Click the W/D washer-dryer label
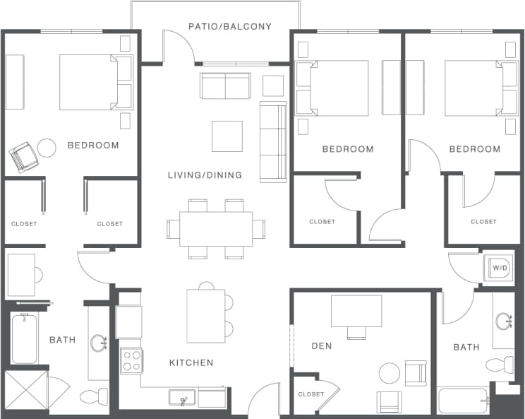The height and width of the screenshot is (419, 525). pos(500,268)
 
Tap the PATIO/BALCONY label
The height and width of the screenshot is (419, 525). pos(230,27)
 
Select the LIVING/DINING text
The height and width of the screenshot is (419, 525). pos(205,175)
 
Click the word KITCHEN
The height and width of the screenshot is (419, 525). pos(191,363)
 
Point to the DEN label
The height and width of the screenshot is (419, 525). pos(322,346)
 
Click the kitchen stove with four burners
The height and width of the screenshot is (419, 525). pos(131,360)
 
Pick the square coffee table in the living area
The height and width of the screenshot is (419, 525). pos(227,136)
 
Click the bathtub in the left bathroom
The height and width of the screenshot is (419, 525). pos(24,339)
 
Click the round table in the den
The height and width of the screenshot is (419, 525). pos(390,372)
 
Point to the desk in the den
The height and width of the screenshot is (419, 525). pos(356,311)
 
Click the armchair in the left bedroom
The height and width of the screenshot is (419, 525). pos(23,157)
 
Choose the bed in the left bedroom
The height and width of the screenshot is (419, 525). pos(88,83)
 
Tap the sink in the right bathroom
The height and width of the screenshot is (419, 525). pos(504,322)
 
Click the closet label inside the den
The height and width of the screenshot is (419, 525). pos(311,394)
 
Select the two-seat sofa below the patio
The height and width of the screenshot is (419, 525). pos(225,86)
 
